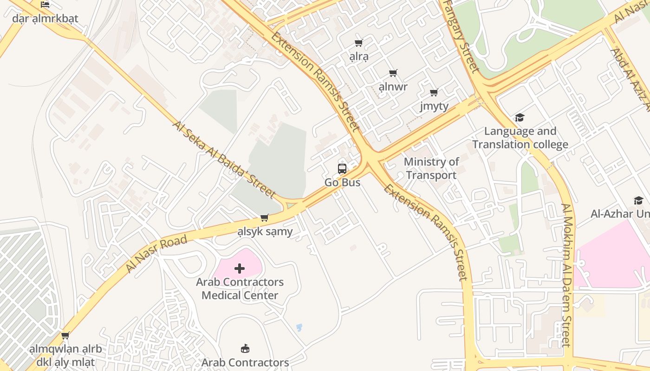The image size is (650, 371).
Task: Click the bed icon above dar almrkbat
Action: (x=45, y=5)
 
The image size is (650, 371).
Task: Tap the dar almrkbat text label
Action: (x=45, y=19)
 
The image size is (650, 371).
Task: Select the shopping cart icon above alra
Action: (x=358, y=43)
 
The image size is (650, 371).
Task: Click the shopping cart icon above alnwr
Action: (x=393, y=73)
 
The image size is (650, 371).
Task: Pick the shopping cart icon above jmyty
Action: (x=434, y=93)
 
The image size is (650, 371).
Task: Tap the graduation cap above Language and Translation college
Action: (x=520, y=118)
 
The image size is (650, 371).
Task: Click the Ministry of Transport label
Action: (x=431, y=168)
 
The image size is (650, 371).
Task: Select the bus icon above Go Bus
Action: (x=342, y=169)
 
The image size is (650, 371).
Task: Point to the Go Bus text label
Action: (x=342, y=183)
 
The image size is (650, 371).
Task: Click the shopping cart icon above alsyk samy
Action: (x=265, y=217)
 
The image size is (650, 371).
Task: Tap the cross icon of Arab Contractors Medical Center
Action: (x=240, y=269)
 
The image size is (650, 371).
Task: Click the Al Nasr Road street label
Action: (x=156, y=253)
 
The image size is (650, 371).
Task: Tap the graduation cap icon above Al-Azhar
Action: (x=638, y=200)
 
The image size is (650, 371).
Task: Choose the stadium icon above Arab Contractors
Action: (x=245, y=349)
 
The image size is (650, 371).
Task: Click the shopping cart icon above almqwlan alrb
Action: (x=65, y=335)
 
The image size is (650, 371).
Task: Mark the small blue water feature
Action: (x=299, y=327)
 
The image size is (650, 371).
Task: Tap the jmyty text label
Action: (x=434, y=106)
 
